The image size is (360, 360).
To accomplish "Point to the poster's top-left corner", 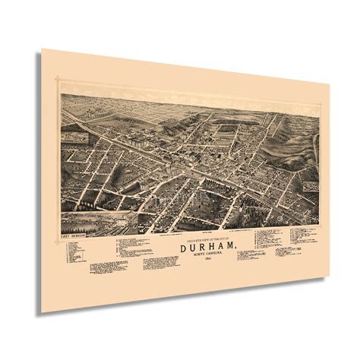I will coord(42,50).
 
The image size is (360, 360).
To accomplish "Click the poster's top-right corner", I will coord(330,86).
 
